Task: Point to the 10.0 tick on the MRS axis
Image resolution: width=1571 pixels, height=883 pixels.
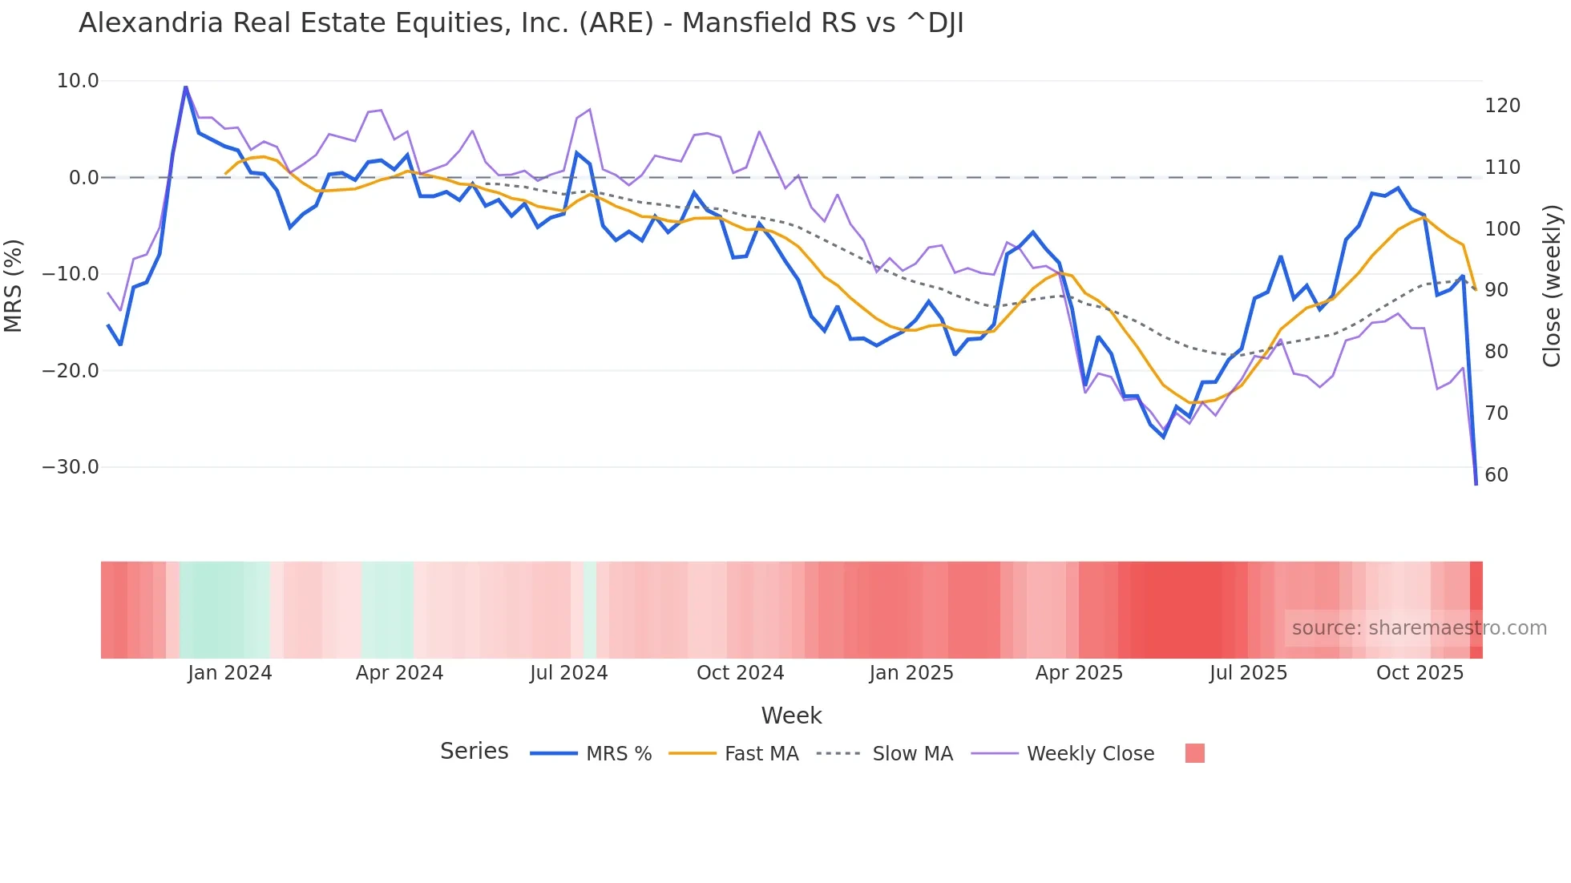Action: pyautogui.click(x=78, y=81)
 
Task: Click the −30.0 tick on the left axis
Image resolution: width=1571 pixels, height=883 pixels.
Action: pyautogui.click(x=71, y=467)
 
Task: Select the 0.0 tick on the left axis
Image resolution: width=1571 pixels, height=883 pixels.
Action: pyautogui.click(x=83, y=178)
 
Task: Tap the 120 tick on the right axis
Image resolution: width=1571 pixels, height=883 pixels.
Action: pyautogui.click(x=1502, y=106)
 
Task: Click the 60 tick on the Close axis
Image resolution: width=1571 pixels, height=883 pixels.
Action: pyautogui.click(x=1496, y=475)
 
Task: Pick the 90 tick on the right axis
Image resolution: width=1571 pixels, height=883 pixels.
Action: pyautogui.click(x=1496, y=290)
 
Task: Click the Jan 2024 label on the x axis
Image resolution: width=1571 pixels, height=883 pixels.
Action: pyautogui.click(x=230, y=673)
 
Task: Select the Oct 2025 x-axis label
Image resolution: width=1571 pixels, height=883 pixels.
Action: pyautogui.click(x=1420, y=673)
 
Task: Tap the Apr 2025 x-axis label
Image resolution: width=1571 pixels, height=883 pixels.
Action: pyautogui.click(x=1079, y=673)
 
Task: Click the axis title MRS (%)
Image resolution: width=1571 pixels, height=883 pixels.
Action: pyautogui.click(x=13, y=285)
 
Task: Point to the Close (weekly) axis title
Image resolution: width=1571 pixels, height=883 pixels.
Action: pyautogui.click(x=1552, y=285)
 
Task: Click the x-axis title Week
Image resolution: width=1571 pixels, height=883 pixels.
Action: pyautogui.click(x=791, y=716)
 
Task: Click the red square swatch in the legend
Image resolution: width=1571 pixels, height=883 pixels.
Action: pyautogui.click(x=1194, y=753)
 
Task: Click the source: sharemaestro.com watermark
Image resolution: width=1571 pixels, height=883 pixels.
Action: pyautogui.click(x=1419, y=628)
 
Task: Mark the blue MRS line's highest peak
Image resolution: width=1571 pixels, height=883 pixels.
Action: pyautogui.click(x=186, y=87)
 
